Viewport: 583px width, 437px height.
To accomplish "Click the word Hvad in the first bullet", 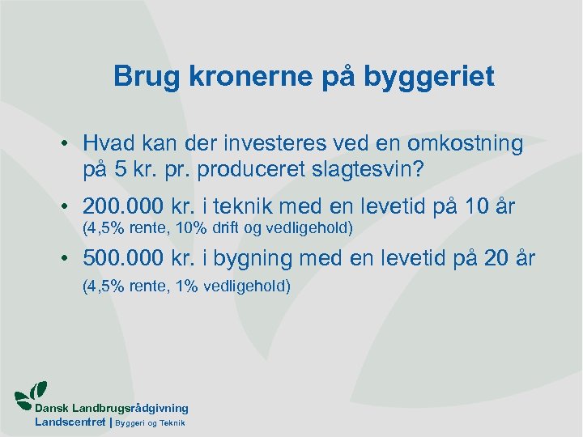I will (108, 144).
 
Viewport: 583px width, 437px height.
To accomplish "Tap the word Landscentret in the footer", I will (70, 422).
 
